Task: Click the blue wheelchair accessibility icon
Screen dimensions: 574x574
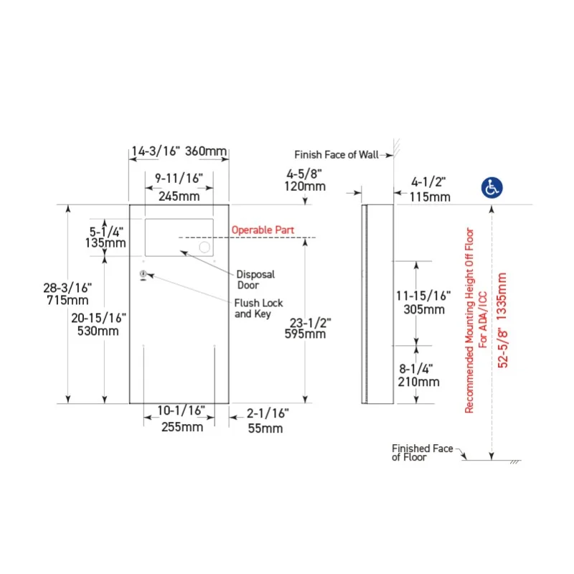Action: point(491,188)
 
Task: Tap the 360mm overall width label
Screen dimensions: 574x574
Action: point(206,151)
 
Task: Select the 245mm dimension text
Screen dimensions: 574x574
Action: point(179,196)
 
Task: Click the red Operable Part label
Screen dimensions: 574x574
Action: point(263,230)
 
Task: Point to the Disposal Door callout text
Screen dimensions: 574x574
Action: point(255,280)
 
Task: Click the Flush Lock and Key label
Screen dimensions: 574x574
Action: point(258,309)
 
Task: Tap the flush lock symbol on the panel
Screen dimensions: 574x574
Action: point(143,275)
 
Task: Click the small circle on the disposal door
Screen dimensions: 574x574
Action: point(204,247)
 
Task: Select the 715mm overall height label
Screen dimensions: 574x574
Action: point(67,300)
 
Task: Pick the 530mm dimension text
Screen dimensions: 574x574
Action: point(98,331)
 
